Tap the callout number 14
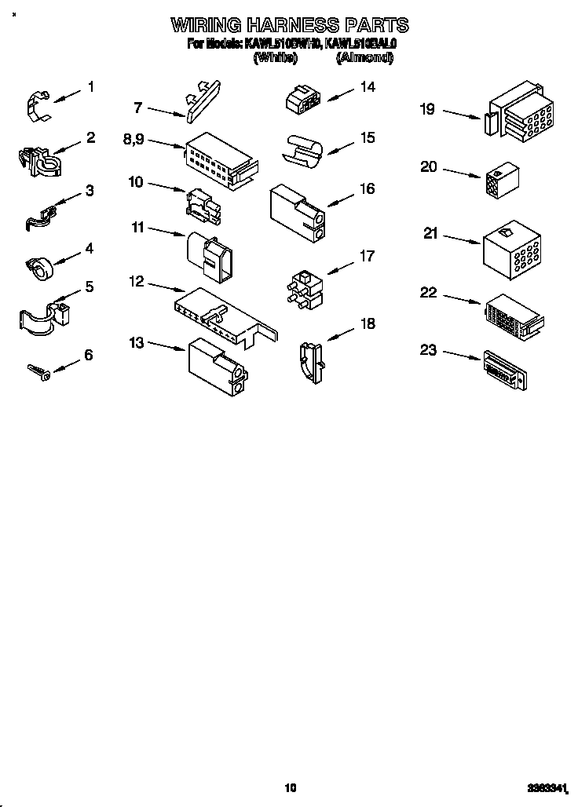[367, 87]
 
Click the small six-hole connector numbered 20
[503, 181]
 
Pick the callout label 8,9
[135, 139]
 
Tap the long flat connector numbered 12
[224, 314]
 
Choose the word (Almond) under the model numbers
[364, 57]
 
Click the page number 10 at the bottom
[290, 787]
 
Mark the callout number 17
[367, 255]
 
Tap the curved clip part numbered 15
[302, 151]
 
